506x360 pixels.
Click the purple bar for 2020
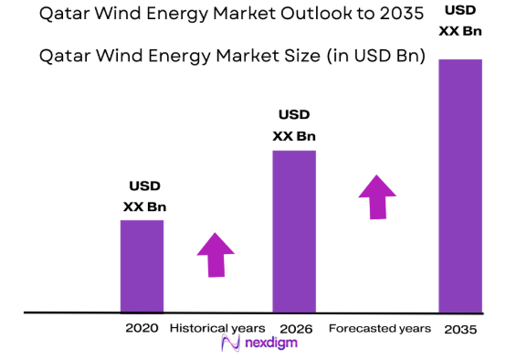142,266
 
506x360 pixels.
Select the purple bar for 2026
294,231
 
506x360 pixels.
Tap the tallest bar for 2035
460,185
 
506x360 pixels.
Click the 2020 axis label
142,328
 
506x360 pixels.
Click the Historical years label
217,328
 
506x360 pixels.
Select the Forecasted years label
379,328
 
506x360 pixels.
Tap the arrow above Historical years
216,254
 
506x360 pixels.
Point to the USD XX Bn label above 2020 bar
144,196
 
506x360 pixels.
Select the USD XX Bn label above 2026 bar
294,126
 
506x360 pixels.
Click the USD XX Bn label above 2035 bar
460,21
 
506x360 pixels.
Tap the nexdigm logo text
270,344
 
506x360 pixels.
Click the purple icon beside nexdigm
229,344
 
